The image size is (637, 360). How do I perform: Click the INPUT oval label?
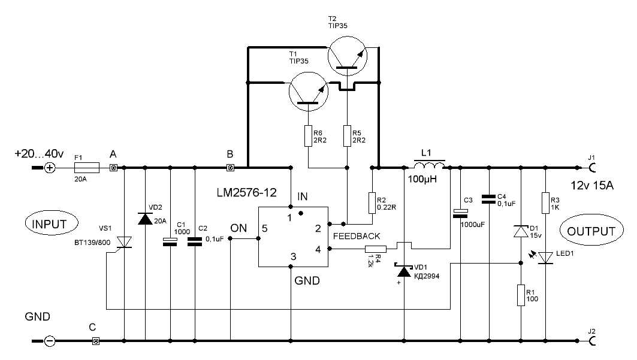click(45, 225)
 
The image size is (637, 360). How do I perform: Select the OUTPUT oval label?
click(591, 231)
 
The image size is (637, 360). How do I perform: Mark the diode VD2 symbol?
click(145, 219)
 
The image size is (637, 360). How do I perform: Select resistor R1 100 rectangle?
click(521, 295)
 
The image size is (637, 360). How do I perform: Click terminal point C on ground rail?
click(95, 341)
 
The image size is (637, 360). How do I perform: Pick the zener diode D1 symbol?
click(521, 231)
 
